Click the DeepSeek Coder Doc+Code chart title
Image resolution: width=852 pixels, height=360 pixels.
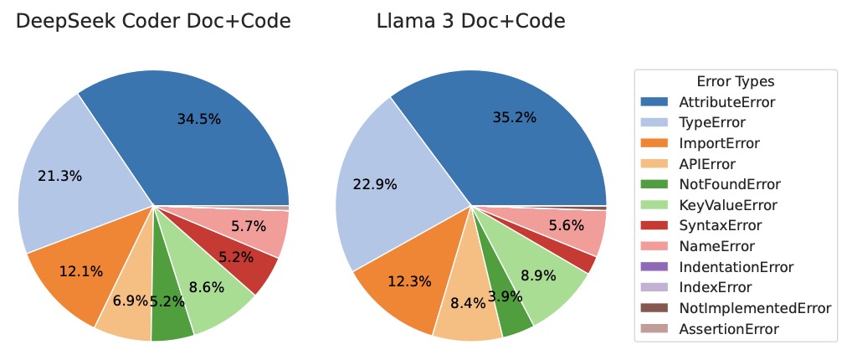click(x=153, y=22)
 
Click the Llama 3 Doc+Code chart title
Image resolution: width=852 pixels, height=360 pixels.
click(x=470, y=22)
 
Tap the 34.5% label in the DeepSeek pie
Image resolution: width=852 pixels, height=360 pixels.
click(x=198, y=119)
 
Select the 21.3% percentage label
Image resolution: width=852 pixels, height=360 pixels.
click(x=59, y=176)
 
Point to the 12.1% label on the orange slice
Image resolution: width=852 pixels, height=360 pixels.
click(x=80, y=271)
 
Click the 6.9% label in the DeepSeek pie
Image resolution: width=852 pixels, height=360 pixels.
click(x=129, y=299)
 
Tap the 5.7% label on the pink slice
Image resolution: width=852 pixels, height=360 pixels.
click(x=249, y=225)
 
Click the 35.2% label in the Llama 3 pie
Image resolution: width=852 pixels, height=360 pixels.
click(x=514, y=117)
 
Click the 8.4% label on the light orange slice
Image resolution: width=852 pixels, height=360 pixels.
click(x=468, y=303)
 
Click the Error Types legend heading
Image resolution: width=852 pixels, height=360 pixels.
click(x=735, y=82)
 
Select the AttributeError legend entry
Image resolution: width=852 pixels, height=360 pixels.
click(x=726, y=102)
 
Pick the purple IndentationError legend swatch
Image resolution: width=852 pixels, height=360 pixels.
click(x=659, y=267)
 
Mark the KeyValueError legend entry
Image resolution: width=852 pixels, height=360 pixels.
click(x=728, y=205)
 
